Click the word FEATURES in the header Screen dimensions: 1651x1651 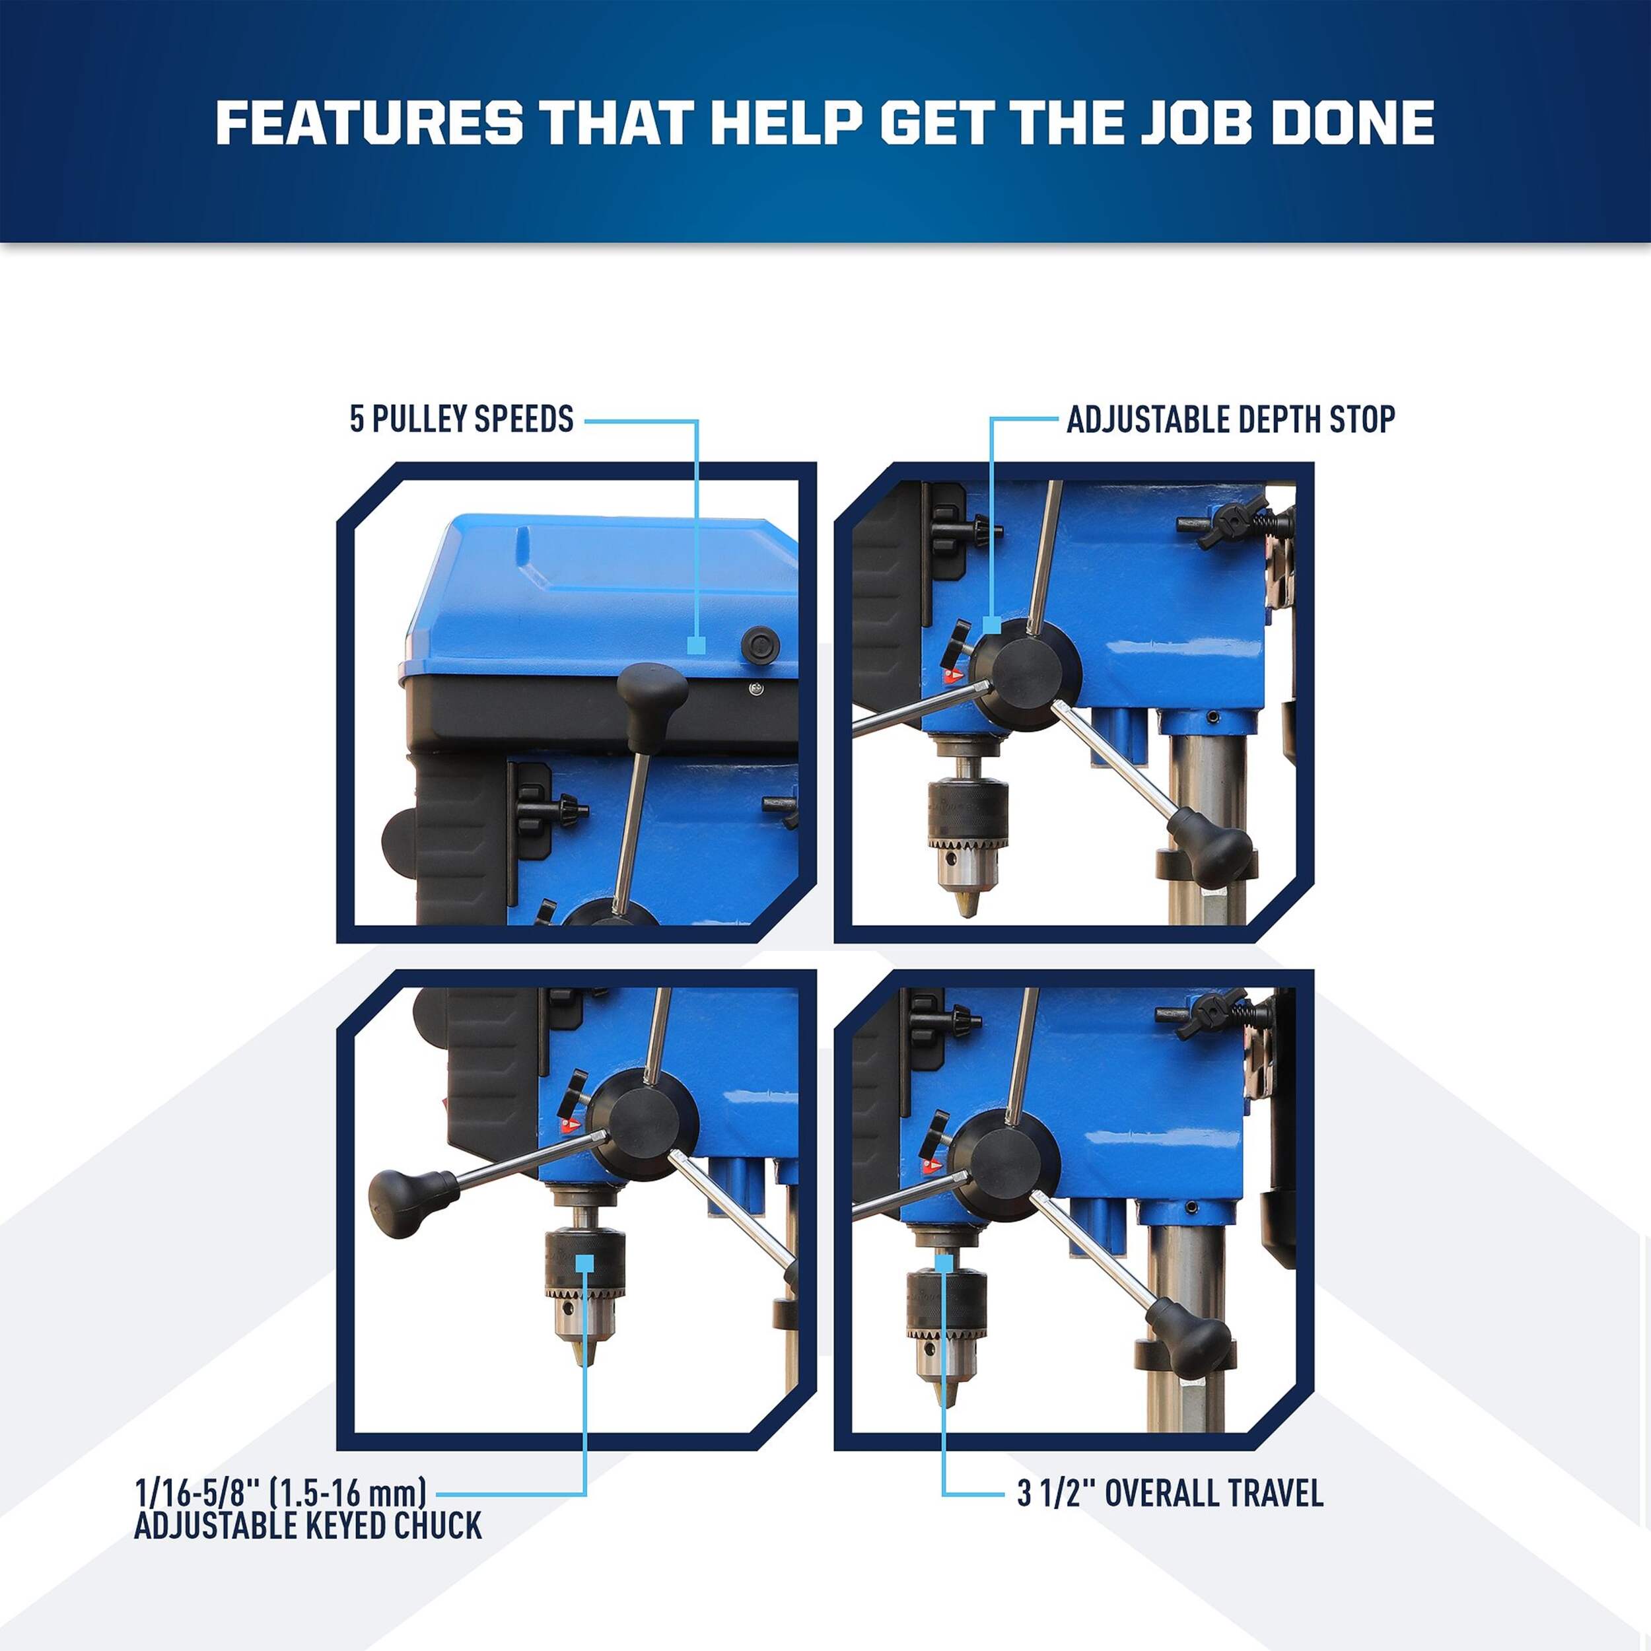pyautogui.click(x=369, y=123)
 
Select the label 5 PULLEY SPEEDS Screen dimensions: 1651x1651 pyautogui.click(x=462, y=419)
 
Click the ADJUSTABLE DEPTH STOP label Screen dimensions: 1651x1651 pyautogui.click(x=1230, y=419)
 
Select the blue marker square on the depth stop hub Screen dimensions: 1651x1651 pyautogui.click(x=991, y=625)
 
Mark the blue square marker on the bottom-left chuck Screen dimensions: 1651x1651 pyautogui.click(x=584, y=1264)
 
